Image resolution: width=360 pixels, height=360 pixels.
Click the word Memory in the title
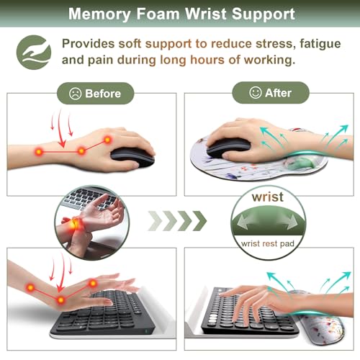(99, 14)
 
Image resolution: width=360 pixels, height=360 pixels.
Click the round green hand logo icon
(34, 53)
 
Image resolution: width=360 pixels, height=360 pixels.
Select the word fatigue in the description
(320, 44)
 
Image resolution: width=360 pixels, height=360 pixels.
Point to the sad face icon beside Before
(75, 94)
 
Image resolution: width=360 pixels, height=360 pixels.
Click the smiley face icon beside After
(255, 93)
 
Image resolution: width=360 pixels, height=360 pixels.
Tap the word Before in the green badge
(103, 94)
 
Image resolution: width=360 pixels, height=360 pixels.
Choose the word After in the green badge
(278, 93)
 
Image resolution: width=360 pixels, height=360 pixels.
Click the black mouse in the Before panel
(132, 157)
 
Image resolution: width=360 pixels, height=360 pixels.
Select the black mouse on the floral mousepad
(228, 147)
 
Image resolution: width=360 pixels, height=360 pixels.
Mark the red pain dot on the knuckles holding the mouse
(107, 140)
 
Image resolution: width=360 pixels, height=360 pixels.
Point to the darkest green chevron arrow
(199, 221)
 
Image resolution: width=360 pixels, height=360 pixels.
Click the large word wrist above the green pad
(268, 197)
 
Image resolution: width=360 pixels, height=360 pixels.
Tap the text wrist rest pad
(268, 244)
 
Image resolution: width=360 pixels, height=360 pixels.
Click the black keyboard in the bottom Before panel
(103, 315)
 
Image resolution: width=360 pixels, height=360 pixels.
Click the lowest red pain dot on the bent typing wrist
(61, 300)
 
